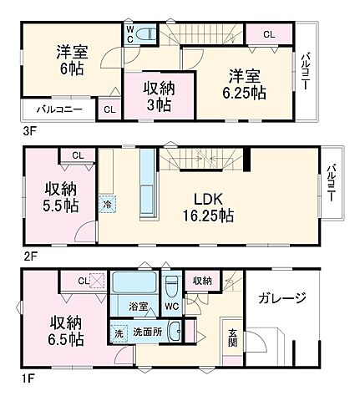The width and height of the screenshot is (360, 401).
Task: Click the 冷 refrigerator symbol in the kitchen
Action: point(107,203)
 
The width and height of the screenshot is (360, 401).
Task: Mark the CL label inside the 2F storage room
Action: point(77,155)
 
